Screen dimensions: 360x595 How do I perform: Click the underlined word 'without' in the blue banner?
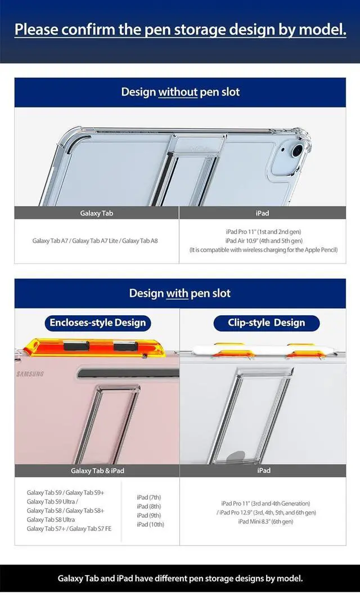tap(177, 92)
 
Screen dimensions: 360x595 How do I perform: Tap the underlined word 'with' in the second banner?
tap(177, 293)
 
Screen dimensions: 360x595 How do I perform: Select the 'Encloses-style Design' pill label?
tap(97, 323)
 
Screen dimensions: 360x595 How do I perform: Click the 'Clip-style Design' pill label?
tap(266, 323)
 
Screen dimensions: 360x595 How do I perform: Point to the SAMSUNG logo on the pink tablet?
tap(30, 374)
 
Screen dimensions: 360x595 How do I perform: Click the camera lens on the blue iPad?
tap(297, 150)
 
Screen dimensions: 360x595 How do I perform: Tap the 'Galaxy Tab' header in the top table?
tap(97, 213)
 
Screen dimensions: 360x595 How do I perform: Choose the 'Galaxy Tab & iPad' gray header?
tap(97, 471)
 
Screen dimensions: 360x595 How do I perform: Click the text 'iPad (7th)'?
tap(148, 498)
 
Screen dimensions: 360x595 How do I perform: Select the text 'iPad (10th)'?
tap(150, 525)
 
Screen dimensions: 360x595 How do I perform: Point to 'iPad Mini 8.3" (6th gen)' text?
tap(265, 522)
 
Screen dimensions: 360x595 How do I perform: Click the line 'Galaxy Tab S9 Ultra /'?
tap(52, 502)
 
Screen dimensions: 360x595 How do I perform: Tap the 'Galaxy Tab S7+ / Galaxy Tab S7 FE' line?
tap(69, 529)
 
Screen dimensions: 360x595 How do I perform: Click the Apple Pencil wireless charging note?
tap(263, 250)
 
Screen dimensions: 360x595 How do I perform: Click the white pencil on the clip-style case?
tap(265, 350)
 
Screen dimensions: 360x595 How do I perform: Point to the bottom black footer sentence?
tap(180, 578)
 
